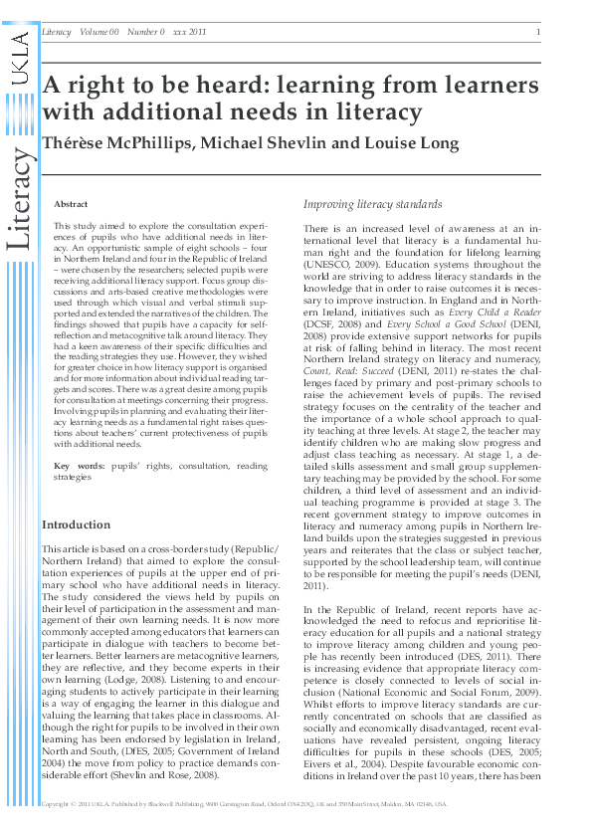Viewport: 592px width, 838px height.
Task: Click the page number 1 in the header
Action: (x=538, y=33)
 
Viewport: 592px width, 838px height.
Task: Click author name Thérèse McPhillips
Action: (x=110, y=143)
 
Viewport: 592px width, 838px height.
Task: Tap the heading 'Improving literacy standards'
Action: (x=373, y=205)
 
